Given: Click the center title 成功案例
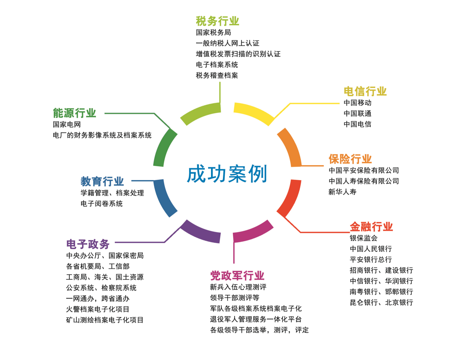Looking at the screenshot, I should click(x=227, y=174).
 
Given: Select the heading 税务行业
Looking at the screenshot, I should click(x=218, y=21).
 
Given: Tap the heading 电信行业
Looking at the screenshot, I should click(x=365, y=91).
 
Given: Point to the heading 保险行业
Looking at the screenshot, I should click(x=350, y=159).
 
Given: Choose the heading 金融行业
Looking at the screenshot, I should click(x=371, y=227).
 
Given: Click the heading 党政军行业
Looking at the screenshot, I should click(x=237, y=275).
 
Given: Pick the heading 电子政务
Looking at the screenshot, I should click(x=88, y=244).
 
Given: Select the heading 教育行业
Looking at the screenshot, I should click(x=102, y=181).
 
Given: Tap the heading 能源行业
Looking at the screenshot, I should click(x=74, y=113).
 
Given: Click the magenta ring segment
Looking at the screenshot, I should click(x=253, y=232).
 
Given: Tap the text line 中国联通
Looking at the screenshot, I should click(x=357, y=113).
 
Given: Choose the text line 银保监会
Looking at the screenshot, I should click(x=363, y=238).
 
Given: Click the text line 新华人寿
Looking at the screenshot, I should click(x=342, y=192).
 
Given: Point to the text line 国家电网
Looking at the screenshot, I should click(x=67, y=124).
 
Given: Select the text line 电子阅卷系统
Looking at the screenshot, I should click(x=102, y=203).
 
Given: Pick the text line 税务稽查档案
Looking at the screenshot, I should click(x=217, y=75).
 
